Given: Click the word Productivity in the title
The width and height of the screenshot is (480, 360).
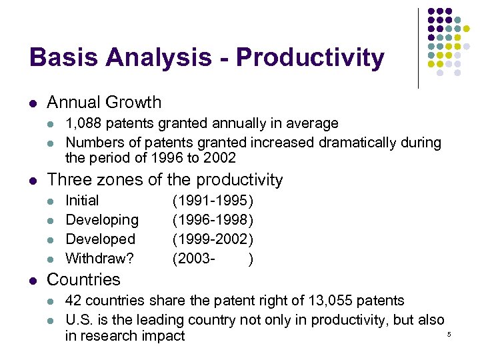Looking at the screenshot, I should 310,59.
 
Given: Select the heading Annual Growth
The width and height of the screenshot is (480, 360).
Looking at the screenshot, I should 104,103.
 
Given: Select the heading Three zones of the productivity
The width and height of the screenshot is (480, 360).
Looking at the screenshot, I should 165,180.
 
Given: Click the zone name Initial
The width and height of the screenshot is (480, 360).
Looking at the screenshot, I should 82,201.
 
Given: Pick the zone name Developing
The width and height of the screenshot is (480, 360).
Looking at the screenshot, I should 102,220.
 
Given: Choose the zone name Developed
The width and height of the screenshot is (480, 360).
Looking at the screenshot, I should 100,239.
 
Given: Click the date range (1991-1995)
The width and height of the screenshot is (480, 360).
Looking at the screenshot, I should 213,201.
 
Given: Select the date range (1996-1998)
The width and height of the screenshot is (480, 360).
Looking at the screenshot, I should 213,220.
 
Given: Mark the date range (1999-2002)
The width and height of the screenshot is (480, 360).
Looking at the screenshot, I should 213,239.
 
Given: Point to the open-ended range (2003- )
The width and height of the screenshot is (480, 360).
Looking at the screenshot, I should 213,258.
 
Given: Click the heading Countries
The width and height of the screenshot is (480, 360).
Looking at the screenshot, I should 83,279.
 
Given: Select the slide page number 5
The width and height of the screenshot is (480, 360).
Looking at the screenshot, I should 449,333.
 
